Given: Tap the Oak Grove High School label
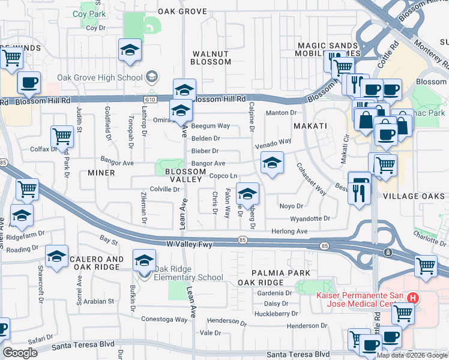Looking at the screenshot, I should (100, 77).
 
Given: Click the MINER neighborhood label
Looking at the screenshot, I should (101, 173).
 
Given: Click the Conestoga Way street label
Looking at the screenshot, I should (165, 319).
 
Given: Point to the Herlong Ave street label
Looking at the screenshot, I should (289, 231).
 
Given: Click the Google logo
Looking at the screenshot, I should (20, 353).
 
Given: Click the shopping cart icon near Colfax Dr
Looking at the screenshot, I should (62, 137).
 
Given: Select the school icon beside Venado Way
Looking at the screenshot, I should (272, 163).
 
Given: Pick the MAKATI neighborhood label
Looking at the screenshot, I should (310, 125).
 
